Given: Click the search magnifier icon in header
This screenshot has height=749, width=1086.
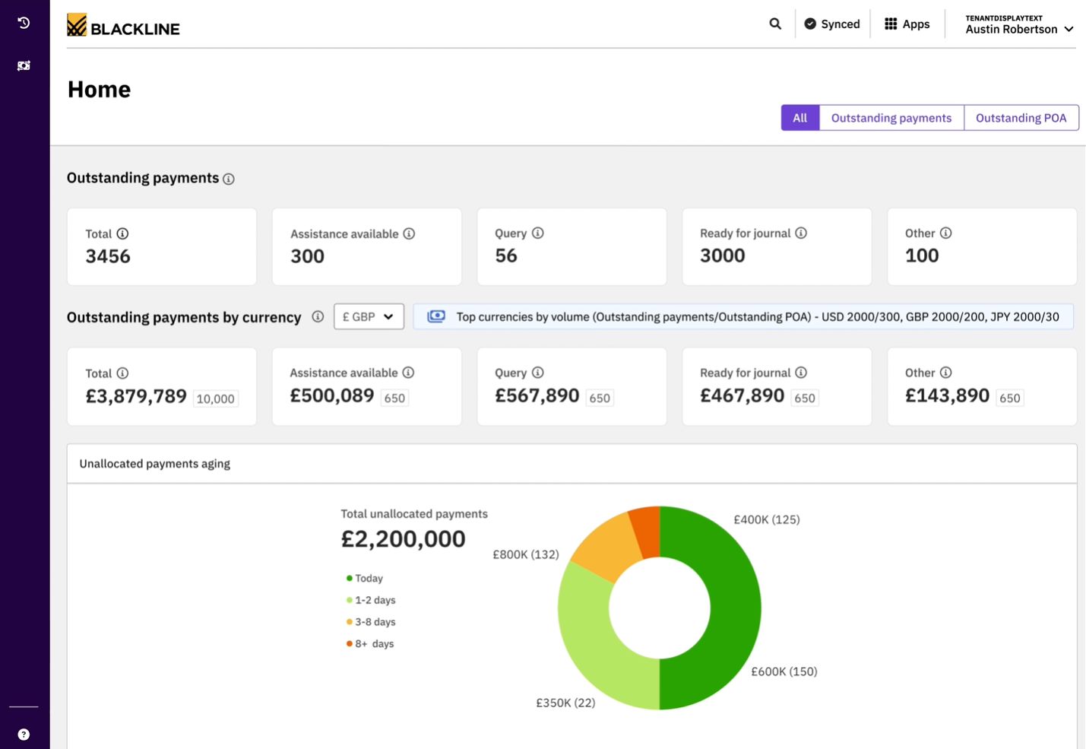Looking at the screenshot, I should pyautogui.click(x=775, y=24).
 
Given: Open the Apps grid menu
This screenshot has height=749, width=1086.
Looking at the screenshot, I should pyautogui.click(x=907, y=24).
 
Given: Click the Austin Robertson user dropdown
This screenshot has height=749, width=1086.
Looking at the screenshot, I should pyautogui.click(x=1018, y=24).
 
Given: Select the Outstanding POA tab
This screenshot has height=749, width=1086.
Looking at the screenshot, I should pyautogui.click(x=1021, y=118).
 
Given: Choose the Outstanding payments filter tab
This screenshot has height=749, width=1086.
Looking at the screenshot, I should pyautogui.click(x=891, y=118).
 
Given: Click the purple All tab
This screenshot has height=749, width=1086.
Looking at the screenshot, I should pyautogui.click(x=799, y=118).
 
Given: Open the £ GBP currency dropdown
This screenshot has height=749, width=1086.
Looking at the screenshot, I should pyautogui.click(x=369, y=317).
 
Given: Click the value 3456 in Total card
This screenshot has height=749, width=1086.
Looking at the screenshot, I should pyautogui.click(x=108, y=256).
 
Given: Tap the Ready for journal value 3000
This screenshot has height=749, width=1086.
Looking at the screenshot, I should pyautogui.click(x=722, y=255).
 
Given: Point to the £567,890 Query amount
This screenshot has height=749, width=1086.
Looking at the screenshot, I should pyautogui.click(x=537, y=395).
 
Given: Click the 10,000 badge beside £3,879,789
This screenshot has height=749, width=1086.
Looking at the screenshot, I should pyautogui.click(x=215, y=398).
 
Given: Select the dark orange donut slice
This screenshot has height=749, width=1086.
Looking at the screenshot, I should pyautogui.click(x=647, y=531).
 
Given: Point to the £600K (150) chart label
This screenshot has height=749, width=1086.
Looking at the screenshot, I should pyautogui.click(x=784, y=671).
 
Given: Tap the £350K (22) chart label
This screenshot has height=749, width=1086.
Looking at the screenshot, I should pyautogui.click(x=565, y=703).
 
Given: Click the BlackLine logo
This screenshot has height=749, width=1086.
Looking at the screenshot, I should pyautogui.click(x=123, y=27).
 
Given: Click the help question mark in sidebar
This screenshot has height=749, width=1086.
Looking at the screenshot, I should pyautogui.click(x=24, y=735).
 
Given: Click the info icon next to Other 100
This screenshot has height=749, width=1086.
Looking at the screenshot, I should pyautogui.click(x=945, y=233).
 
